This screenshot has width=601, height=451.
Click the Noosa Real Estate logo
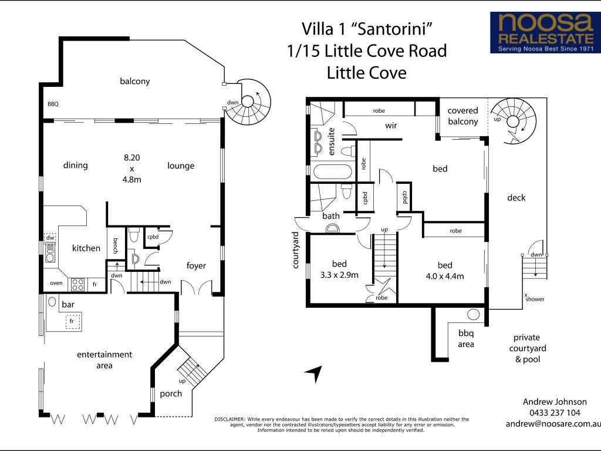(545, 32)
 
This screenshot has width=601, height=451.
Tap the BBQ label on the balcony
(53, 104)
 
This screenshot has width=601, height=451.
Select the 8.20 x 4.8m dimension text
(132, 169)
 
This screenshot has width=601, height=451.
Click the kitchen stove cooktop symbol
(78, 285)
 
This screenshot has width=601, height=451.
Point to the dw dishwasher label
(50, 237)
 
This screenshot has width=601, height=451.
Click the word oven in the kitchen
(56, 283)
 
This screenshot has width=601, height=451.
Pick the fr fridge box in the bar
(73, 321)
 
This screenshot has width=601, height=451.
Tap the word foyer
(196, 266)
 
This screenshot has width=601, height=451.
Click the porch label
(171, 394)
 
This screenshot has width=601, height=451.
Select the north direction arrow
(314, 373)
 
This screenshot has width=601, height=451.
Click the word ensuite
(332, 142)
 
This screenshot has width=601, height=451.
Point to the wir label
(391, 126)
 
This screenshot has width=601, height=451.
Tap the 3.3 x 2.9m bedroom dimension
(339, 275)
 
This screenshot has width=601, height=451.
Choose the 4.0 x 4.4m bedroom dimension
(445, 276)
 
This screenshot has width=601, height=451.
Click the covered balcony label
(462, 116)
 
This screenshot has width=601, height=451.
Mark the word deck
(516, 197)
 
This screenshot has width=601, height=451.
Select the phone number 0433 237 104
(555, 413)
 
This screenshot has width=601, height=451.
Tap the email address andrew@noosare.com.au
(553, 424)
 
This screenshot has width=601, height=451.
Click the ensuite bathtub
(332, 171)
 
